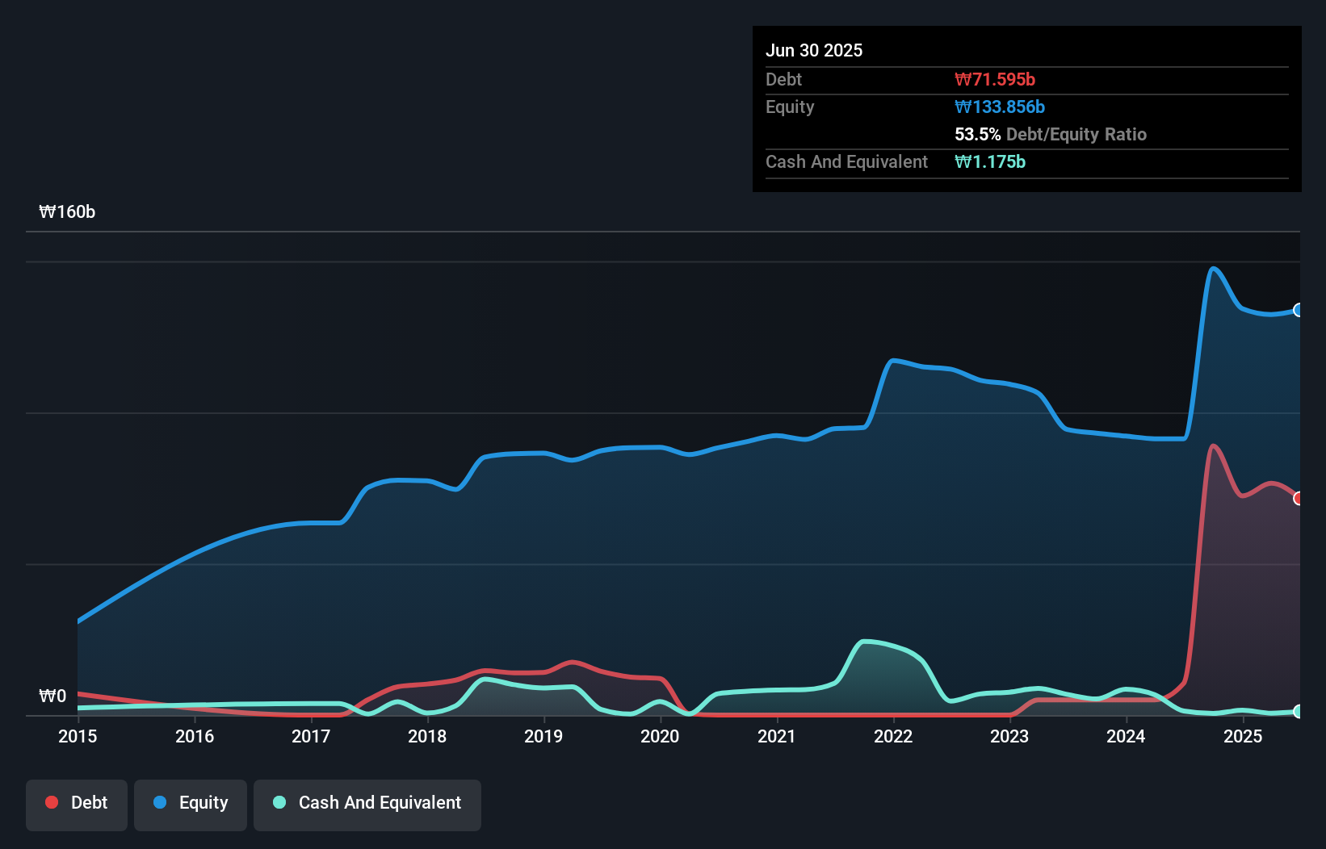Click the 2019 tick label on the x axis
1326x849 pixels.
[543, 736]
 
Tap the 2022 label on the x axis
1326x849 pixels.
[893, 736]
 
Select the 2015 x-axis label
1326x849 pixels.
[78, 736]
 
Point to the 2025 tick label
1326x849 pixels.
[1242, 736]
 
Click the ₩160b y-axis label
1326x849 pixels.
[67, 211]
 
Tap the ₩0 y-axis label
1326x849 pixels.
[52, 696]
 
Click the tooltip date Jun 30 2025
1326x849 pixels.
[814, 50]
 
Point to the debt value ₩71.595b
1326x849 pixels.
[995, 79]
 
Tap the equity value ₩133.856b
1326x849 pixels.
[1000, 107]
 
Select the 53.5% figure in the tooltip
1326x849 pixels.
[977, 134]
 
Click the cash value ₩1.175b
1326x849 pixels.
[990, 161]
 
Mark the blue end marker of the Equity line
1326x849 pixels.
[1299, 310]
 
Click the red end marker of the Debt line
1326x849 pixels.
[1299, 498]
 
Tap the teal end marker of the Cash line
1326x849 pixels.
[1299, 711]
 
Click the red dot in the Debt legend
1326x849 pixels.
[52, 802]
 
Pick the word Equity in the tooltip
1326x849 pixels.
[790, 107]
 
